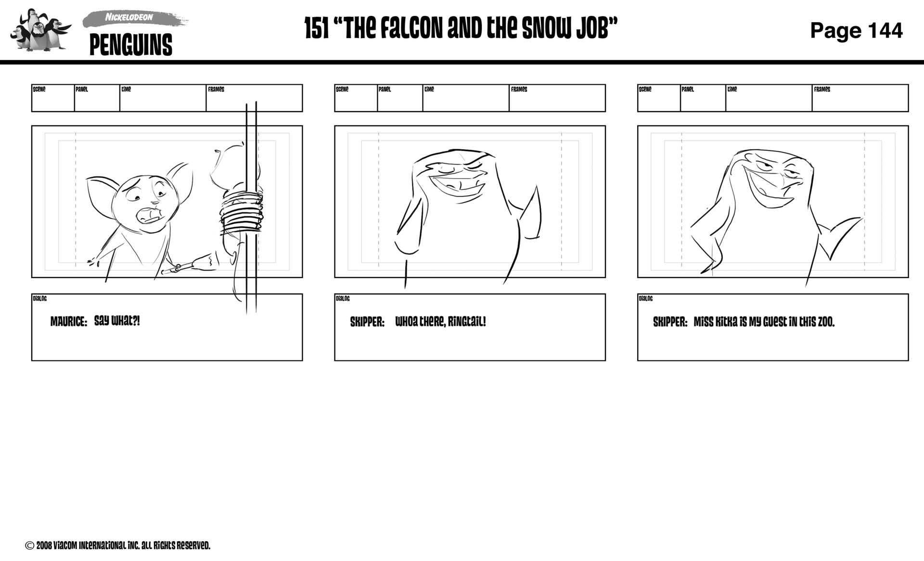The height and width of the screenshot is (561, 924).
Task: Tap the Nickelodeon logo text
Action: pos(129,17)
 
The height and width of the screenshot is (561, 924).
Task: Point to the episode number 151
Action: pos(317,29)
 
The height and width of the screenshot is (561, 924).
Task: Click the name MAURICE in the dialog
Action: pos(69,321)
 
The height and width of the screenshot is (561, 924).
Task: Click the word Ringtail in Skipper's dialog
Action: pos(466,321)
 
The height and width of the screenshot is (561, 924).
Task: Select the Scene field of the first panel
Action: pos(53,98)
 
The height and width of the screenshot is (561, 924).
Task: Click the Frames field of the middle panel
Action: pos(557,98)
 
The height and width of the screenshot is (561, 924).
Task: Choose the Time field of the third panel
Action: pos(769,98)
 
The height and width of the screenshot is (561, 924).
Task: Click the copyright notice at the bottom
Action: pos(117,546)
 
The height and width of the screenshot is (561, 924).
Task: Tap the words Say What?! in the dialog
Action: pos(117,321)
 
